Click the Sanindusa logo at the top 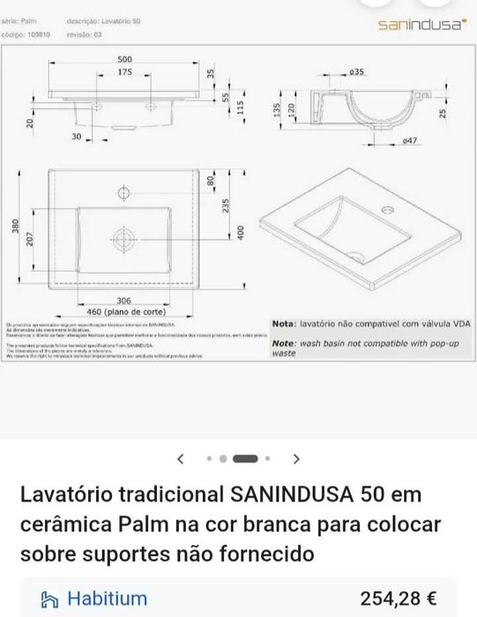tap(421, 26)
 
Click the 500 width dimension tap(124, 58)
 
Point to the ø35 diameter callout tap(357, 70)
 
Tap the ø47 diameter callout tap(409, 140)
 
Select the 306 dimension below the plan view tap(123, 301)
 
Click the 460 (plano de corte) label tap(125, 311)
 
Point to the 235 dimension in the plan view tap(226, 204)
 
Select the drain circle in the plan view tap(123, 236)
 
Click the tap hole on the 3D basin tap(385, 210)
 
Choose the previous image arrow tap(181, 458)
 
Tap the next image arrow tap(296, 458)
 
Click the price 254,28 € tap(398, 598)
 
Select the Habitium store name tap(107, 598)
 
